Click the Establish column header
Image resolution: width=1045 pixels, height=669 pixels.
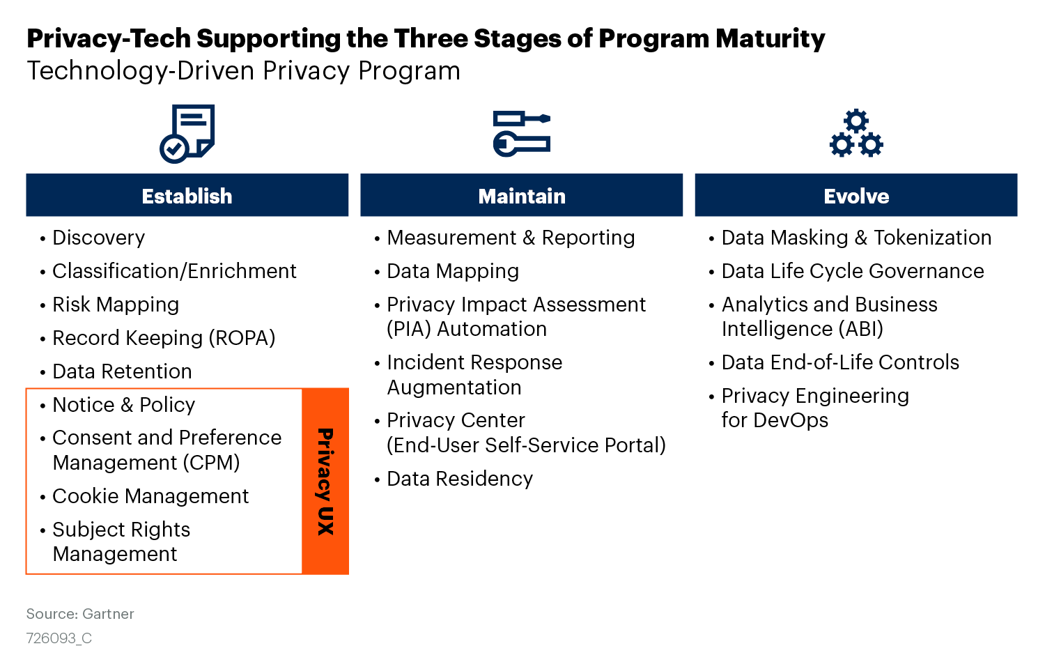pyautogui.click(x=187, y=195)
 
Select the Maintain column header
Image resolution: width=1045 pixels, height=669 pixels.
pyautogui.click(x=522, y=195)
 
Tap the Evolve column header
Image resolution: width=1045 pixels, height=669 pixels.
pyautogui.click(x=856, y=195)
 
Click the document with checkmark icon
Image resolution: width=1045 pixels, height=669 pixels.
pyautogui.click(x=187, y=134)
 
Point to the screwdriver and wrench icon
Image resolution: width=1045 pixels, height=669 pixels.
pyautogui.click(x=522, y=133)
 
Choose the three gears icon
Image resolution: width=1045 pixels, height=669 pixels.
pyautogui.click(x=856, y=133)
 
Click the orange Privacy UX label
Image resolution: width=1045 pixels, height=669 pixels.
pyautogui.click(x=325, y=481)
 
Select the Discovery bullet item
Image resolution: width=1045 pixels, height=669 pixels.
pyautogui.click(x=98, y=238)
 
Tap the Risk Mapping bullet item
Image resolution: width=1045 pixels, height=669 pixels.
pyautogui.click(x=116, y=305)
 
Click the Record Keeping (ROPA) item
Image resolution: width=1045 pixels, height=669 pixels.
pyautogui.click(x=164, y=338)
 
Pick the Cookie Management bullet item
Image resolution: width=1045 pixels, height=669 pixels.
pyautogui.click(x=150, y=496)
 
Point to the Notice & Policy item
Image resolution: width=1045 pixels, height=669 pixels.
pyautogui.click(x=123, y=405)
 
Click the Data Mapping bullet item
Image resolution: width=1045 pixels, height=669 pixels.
pyautogui.click(x=453, y=272)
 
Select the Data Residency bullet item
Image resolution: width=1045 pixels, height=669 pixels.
pyautogui.click(x=460, y=479)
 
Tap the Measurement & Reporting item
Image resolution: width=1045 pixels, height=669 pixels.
pyautogui.click(x=511, y=238)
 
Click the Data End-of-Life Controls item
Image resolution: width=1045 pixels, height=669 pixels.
pyautogui.click(x=840, y=362)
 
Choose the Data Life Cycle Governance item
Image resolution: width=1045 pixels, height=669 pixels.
pyautogui.click(x=853, y=272)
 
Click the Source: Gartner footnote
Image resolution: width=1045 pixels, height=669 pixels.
pyautogui.click(x=80, y=614)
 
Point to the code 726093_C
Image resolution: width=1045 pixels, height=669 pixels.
pyautogui.click(x=59, y=638)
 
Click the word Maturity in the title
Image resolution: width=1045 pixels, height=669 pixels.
pyautogui.click(x=771, y=39)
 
